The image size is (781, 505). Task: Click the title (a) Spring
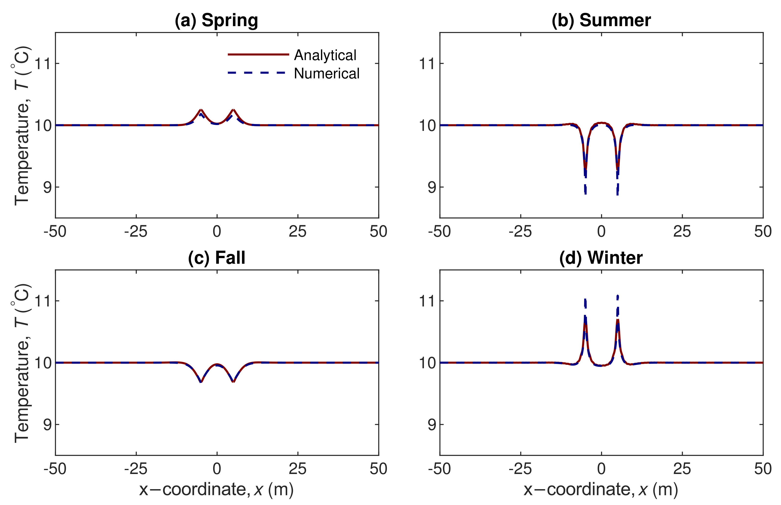(216, 20)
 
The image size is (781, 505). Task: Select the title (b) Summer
(601, 20)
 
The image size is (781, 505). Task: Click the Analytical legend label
(325, 55)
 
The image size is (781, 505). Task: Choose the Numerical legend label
(327, 74)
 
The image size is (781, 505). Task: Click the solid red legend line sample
(258, 54)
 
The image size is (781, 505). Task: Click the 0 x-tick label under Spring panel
(217, 232)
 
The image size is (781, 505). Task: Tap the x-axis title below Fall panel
(216, 490)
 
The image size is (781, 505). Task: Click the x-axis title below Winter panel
(601, 490)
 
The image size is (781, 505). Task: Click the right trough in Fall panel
(233, 382)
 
